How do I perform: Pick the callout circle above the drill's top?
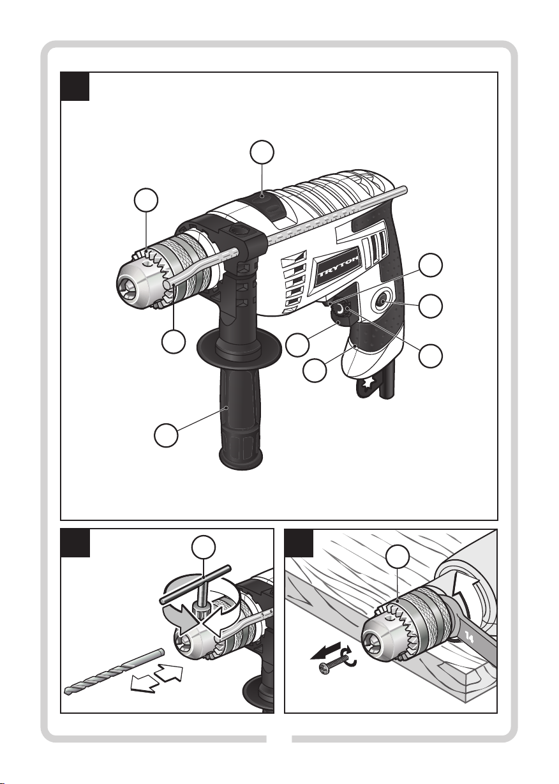262,152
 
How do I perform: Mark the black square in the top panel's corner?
75,86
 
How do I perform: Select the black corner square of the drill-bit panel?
75,543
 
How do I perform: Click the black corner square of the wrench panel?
299,543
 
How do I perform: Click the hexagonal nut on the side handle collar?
239,230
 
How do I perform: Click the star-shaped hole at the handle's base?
368,384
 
